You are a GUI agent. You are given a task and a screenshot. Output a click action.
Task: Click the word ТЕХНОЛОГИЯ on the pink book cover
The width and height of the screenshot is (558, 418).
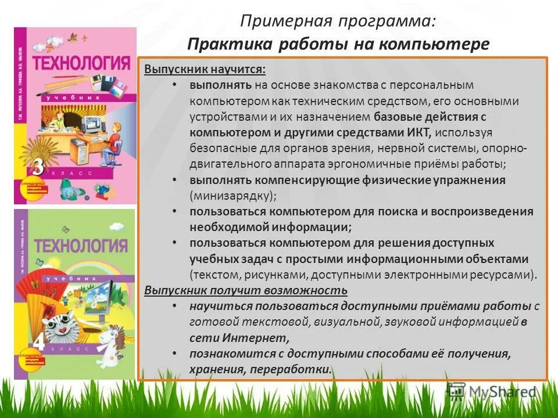[x=81, y=62]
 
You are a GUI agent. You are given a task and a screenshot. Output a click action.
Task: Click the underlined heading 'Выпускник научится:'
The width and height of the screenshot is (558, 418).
[x=205, y=69]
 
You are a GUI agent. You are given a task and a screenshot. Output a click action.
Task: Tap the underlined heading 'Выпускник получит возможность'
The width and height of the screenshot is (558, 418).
[x=246, y=290]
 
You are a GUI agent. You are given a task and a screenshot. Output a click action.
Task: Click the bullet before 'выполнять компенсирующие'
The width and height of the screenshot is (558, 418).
[x=175, y=180]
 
